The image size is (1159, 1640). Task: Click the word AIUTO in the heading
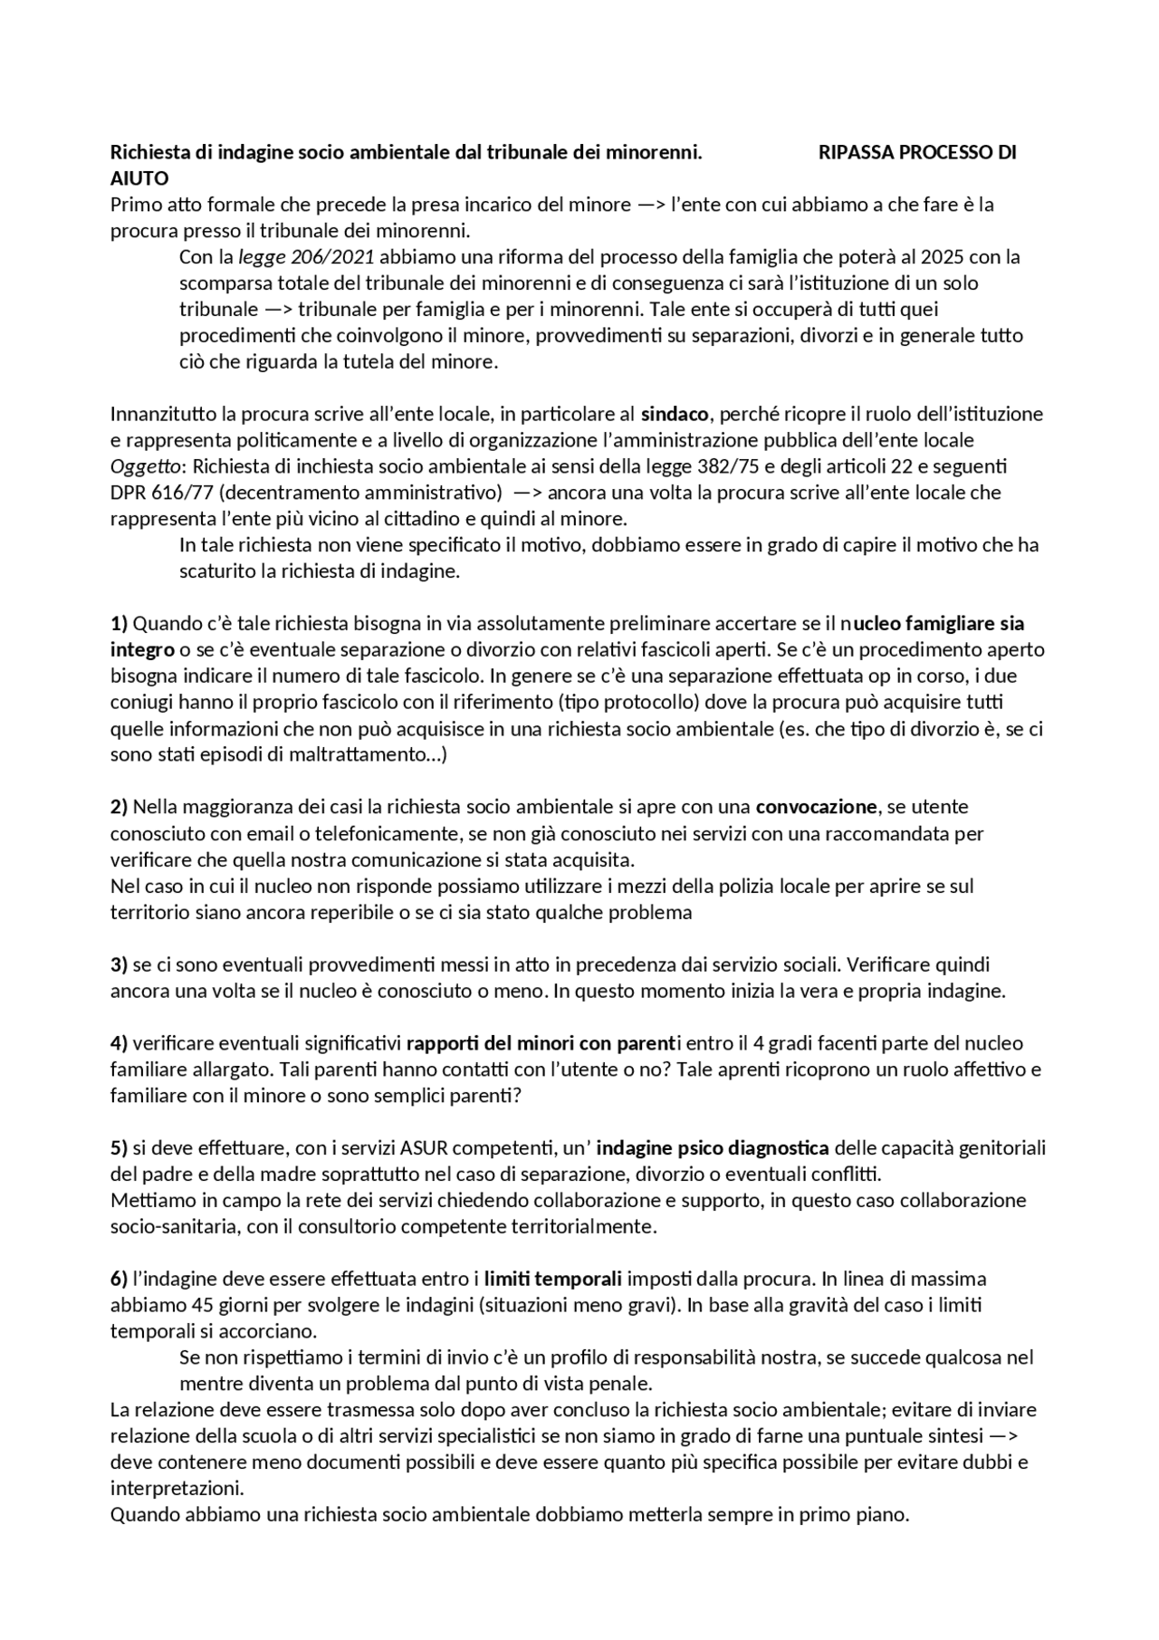click(139, 178)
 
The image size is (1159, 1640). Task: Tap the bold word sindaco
click(675, 415)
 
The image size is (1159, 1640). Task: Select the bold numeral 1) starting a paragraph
click(119, 624)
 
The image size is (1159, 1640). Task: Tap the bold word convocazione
click(816, 807)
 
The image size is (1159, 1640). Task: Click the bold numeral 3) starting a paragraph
click(119, 965)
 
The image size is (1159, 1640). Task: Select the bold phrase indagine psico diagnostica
click(713, 1149)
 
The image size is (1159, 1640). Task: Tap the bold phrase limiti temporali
click(552, 1280)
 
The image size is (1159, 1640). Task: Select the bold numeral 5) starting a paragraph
click(119, 1149)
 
